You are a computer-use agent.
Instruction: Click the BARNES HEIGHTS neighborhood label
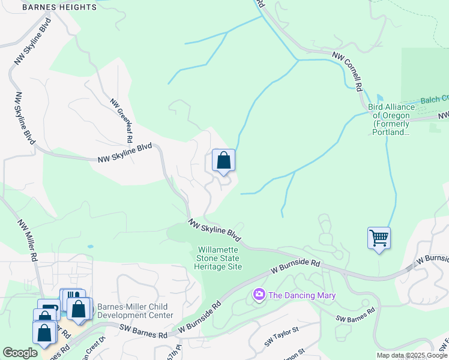click(59, 7)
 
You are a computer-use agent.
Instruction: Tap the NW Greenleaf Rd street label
click(121, 121)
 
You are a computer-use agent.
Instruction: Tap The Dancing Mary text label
click(301, 295)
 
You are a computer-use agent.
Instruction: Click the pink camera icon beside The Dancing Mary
click(259, 295)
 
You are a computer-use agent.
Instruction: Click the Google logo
click(20, 353)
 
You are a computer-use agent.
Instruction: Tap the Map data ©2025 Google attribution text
click(412, 355)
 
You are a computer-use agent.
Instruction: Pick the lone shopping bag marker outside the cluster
click(223, 160)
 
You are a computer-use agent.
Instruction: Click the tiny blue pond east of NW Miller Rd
click(90, 246)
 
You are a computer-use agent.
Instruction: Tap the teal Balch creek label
click(435, 100)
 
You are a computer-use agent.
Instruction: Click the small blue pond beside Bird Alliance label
click(379, 98)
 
